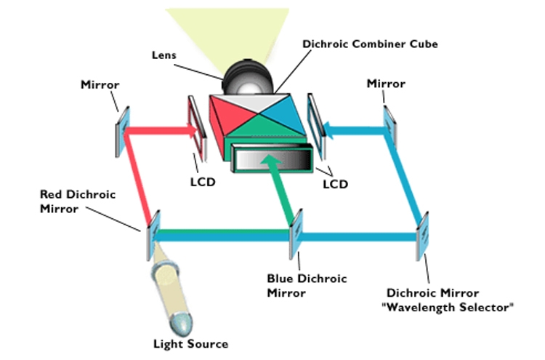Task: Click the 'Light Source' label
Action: [x=190, y=343]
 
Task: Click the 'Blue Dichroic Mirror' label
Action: [x=307, y=286]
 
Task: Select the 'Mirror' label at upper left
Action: [x=100, y=85]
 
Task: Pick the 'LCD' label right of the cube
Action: [x=334, y=184]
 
